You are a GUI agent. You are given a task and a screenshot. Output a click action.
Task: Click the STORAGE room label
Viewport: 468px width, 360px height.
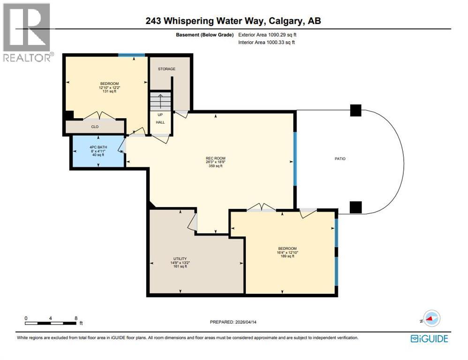[x=166, y=69]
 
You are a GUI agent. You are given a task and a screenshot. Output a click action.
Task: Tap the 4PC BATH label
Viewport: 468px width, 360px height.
[x=98, y=148]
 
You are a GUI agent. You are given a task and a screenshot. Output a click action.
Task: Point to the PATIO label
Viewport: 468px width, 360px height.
[x=340, y=159]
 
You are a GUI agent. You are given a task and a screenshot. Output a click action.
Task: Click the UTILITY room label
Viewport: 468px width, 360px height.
[x=180, y=259]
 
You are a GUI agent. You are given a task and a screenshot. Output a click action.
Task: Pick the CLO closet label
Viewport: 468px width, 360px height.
[x=94, y=126]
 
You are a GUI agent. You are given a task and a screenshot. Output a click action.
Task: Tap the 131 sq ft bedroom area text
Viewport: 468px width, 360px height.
[x=109, y=91]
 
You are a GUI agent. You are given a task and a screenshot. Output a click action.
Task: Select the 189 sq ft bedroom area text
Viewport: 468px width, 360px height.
[x=287, y=256]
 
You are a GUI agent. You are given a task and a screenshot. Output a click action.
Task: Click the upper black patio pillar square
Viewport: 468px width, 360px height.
[x=356, y=110]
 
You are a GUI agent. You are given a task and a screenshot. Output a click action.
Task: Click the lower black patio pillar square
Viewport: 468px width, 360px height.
[x=356, y=207]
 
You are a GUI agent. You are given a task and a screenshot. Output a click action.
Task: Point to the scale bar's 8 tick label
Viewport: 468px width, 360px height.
[x=76, y=318]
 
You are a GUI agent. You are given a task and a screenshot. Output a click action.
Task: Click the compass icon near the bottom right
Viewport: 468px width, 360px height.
[x=431, y=318]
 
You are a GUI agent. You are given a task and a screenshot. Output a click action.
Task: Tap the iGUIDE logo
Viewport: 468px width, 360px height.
[x=429, y=339]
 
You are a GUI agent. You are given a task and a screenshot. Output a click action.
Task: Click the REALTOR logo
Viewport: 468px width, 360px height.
[x=27, y=32]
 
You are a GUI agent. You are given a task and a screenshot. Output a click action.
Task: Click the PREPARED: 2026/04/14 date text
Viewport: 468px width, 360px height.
[x=234, y=322]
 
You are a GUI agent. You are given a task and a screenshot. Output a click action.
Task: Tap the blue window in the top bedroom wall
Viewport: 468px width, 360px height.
[x=131, y=56]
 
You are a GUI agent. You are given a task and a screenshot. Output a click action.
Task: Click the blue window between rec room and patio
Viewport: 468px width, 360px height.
[x=295, y=158]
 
